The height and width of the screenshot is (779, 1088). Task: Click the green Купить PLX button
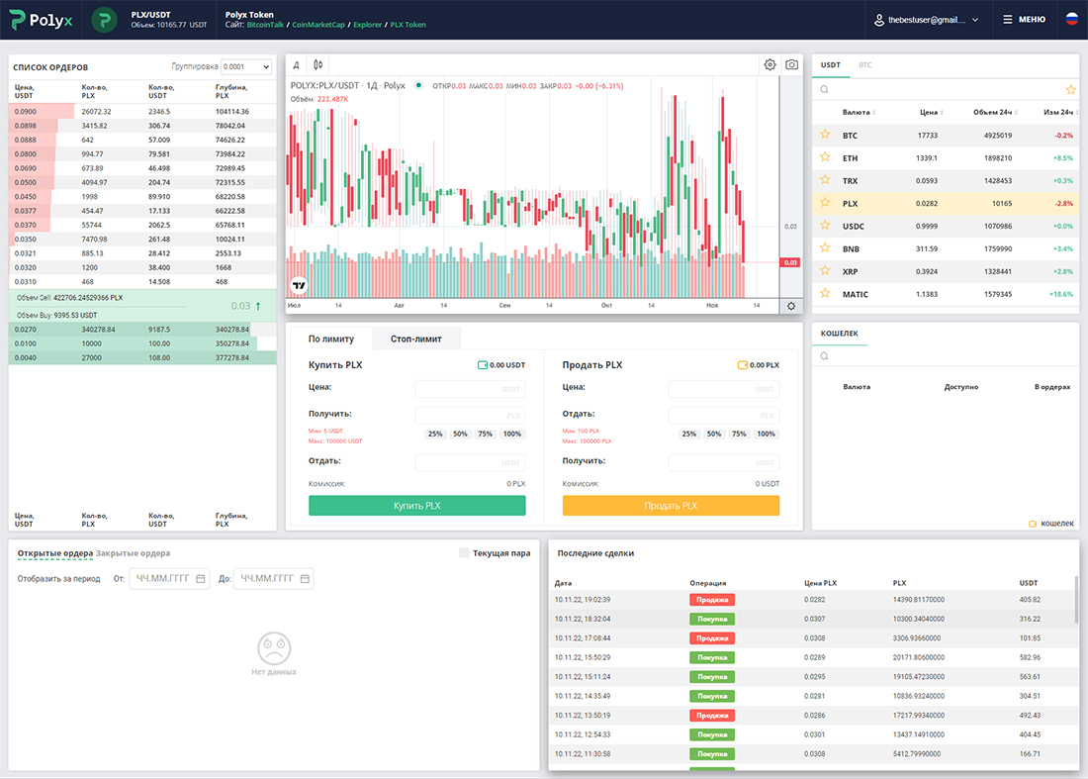pyautogui.click(x=416, y=505)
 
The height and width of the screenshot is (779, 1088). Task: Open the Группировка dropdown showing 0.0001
pyautogui.click(x=246, y=67)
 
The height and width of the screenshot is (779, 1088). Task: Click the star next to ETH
pyautogui.click(x=824, y=157)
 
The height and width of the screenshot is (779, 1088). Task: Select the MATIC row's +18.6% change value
pyautogui.click(x=1059, y=294)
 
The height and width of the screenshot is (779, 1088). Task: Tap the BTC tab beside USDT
pyautogui.click(x=864, y=65)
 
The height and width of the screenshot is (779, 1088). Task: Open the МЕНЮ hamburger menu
pyautogui.click(x=1024, y=19)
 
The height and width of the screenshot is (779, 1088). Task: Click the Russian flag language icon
pyautogui.click(x=1071, y=19)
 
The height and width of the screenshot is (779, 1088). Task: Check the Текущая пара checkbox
pyautogui.click(x=464, y=553)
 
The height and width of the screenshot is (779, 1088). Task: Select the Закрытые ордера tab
pyautogui.click(x=133, y=553)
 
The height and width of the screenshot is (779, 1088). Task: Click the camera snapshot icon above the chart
pyautogui.click(x=791, y=64)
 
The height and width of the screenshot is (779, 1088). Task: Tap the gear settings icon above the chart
pyautogui.click(x=770, y=64)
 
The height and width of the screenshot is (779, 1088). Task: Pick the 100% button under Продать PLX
pyautogui.click(x=766, y=434)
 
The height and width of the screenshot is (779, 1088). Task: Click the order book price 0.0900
pyautogui.click(x=27, y=112)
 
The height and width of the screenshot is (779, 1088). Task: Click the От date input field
pyautogui.click(x=169, y=578)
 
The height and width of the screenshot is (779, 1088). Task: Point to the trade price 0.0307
pyautogui.click(x=814, y=619)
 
